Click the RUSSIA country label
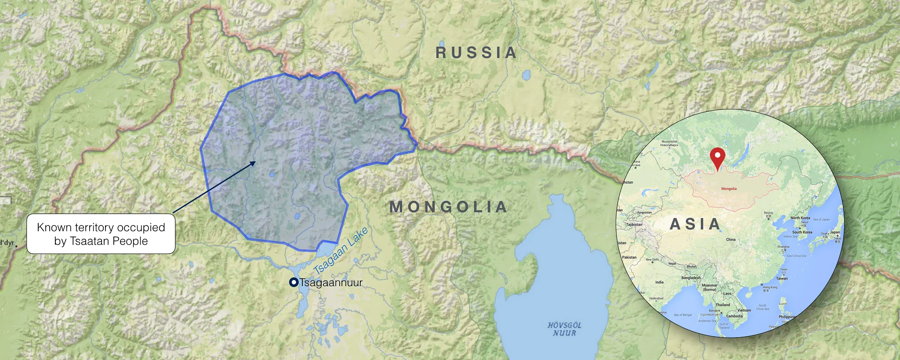476,53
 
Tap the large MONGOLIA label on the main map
448,207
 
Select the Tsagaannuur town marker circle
294,283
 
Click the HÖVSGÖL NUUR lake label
564,329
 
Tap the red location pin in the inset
717,158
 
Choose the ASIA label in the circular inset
695,224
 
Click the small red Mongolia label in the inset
729,189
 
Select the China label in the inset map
730,240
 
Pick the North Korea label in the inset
800,218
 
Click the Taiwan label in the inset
782,278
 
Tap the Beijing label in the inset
768,213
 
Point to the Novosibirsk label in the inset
669,142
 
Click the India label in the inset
659,282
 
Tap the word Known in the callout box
54,227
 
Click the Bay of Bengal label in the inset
682,315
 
